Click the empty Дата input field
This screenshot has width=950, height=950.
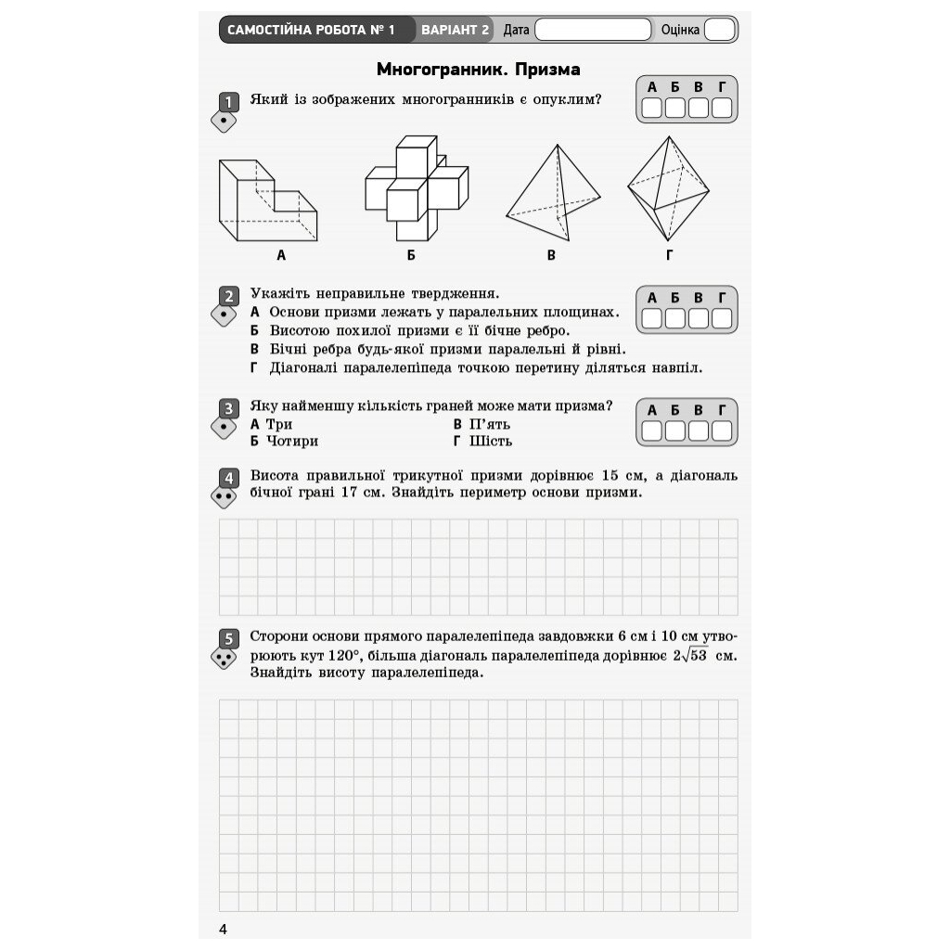point(593,30)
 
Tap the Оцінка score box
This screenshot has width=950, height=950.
point(719,30)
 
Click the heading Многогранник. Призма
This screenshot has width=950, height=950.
point(478,70)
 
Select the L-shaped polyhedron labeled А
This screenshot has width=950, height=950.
point(267,200)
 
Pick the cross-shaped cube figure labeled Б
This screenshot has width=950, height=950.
point(416,188)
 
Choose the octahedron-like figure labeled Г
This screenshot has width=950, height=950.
point(668,188)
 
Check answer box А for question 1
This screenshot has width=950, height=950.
point(652,109)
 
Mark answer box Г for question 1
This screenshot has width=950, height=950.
point(722,109)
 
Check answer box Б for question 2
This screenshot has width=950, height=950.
point(675,319)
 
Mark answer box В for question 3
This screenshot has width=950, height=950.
point(699,431)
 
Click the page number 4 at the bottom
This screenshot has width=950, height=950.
point(223,930)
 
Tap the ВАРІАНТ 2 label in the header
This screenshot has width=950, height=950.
point(455,30)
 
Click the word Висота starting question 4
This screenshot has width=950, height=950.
point(276,476)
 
